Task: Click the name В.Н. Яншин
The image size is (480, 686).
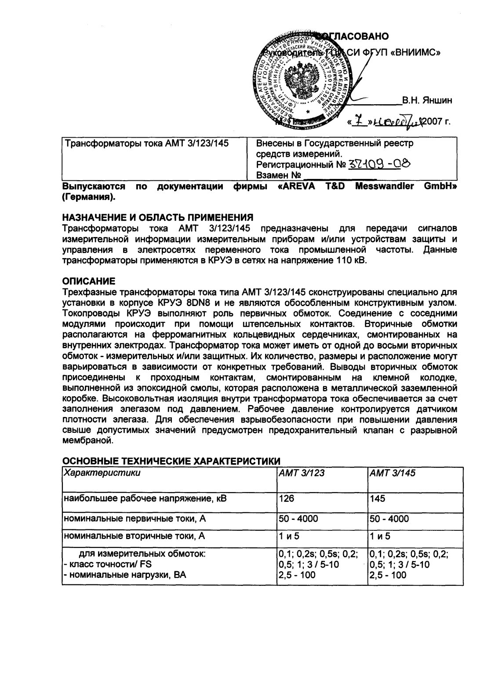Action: [x=427, y=101]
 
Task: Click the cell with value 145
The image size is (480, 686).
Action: [x=377, y=499]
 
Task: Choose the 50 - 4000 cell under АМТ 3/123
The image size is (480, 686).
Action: [x=298, y=518]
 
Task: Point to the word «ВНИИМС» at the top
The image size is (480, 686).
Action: [x=415, y=53]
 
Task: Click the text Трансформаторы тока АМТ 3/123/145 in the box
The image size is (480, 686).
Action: [x=147, y=143]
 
